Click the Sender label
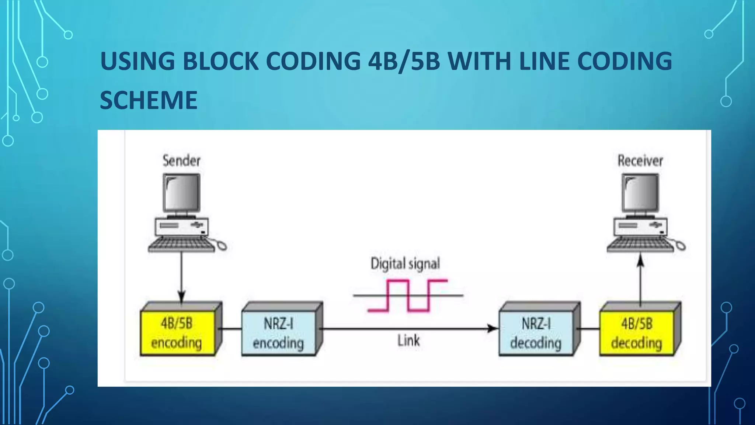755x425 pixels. pos(181,161)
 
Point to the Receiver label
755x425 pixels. pos(640,161)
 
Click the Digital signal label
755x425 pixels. pos(405,264)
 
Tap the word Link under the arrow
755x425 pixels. pos(408,341)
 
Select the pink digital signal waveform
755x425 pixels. pos(408,295)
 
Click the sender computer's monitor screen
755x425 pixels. pos(182,193)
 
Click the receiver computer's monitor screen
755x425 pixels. pos(640,193)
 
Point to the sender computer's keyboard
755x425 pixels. pos(181,245)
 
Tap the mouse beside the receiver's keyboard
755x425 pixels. pos(681,245)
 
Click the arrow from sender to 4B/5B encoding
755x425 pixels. pos(181,277)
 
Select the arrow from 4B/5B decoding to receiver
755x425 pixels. pos(640,280)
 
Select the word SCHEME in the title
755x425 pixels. pos(149,100)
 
